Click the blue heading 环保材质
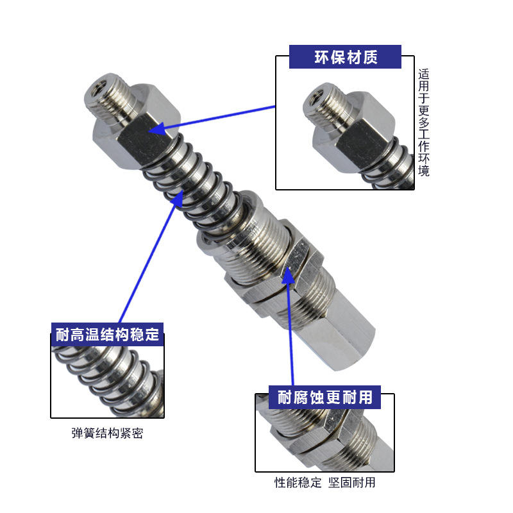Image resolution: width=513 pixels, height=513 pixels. pyautogui.click(x=346, y=57)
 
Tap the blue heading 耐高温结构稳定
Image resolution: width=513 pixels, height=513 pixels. pyautogui.click(x=107, y=334)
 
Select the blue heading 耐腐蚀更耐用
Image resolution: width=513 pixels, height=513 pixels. pyautogui.click(x=325, y=397)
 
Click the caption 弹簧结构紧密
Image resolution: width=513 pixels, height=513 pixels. pyautogui.click(x=107, y=433)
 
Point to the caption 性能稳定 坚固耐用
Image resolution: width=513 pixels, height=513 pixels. pyautogui.click(x=325, y=482)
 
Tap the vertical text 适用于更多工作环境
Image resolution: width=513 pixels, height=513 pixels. pyautogui.click(x=423, y=122)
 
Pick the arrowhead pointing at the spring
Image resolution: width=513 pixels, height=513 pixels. pyautogui.click(x=178, y=198)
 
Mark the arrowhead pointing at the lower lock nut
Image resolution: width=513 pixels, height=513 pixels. pyautogui.click(x=288, y=276)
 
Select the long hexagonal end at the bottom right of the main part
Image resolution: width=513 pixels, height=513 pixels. pyautogui.click(x=337, y=330)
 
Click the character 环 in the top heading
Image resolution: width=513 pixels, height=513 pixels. pyautogui.click(x=322, y=57)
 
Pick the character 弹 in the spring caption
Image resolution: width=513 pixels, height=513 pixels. pyautogui.click(x=77, y=433)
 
